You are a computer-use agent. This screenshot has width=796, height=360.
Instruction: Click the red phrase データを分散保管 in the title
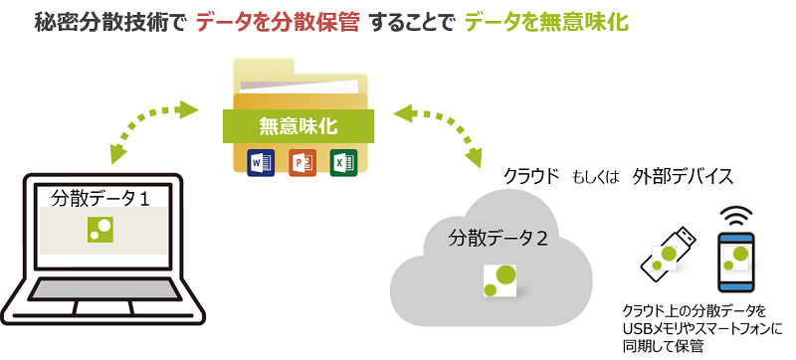[x=276, y=22]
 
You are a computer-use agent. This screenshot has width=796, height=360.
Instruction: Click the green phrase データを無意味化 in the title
[x=546, y=22]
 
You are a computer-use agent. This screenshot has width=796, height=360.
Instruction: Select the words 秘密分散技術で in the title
[x=108, y=22]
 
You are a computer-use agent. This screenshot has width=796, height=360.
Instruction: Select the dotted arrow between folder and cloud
[x=434, y=129]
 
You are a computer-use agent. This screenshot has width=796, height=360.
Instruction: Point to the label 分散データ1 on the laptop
[x=99, y=198]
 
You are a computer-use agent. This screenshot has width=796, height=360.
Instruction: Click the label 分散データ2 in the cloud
[x=497, y=239]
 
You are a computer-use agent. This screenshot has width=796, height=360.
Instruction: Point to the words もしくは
[x=596, y=178]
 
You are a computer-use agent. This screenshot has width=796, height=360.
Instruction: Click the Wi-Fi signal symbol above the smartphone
[x=737, y=215]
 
